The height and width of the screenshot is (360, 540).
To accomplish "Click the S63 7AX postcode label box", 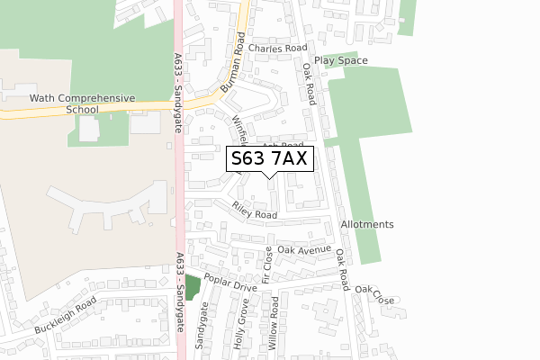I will tap(269, 159).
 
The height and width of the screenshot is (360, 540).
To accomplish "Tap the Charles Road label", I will tap(278, 49).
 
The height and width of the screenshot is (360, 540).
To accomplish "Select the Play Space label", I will tap(341, 60).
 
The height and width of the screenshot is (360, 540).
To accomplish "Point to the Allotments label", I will tap(367, 224).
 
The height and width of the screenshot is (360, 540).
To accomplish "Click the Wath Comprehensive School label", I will tap(69, 103).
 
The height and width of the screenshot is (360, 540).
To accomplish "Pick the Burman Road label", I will tap(233, 64).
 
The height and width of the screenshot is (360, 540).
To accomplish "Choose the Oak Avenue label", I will tap(304, 249).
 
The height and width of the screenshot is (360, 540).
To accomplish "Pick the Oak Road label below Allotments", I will tap(342, 269).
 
